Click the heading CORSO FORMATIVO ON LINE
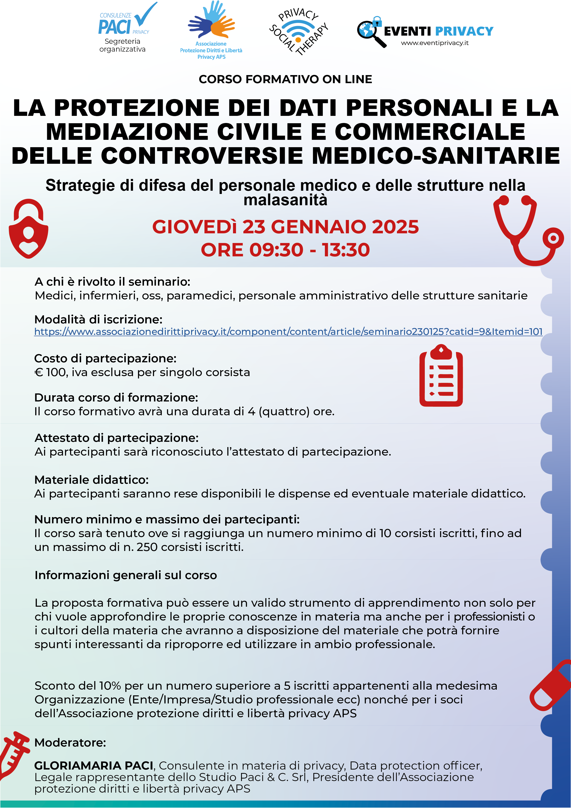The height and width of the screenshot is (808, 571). point(285,79)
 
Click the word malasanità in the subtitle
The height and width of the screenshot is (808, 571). point(285,200)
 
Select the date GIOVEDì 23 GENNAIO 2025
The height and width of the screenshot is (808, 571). point(285,227)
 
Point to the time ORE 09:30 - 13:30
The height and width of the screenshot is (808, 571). point(285,250)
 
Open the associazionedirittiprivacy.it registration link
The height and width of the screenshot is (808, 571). point(288,331)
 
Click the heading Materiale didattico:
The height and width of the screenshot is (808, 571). point(91,480)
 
